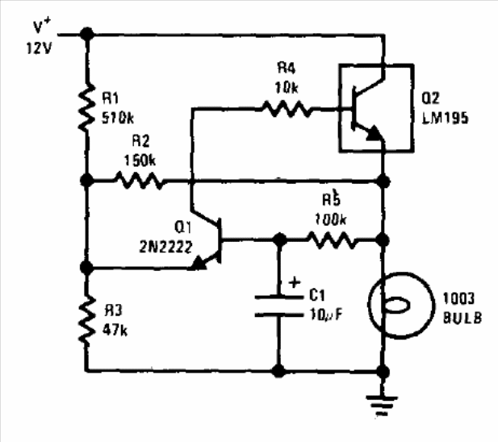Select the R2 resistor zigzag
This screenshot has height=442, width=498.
(x=140, y=181)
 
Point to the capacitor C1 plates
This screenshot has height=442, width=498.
(x=278, y=305)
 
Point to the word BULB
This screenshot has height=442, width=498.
(x=461, y=318)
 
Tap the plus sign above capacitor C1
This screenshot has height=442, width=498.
(x=294, y=283)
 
